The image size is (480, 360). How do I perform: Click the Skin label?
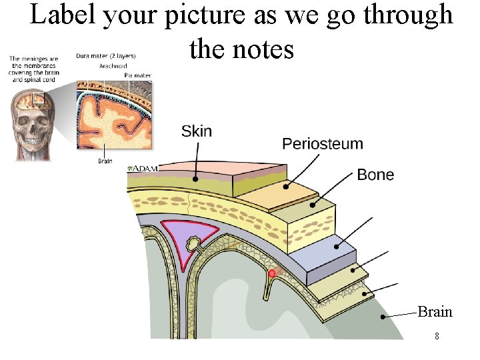tap(197, 131)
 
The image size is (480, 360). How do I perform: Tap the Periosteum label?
tap(323, 144)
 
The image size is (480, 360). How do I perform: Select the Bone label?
tap(375, 175)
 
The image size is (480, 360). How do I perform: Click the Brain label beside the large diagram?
tap(435, 311)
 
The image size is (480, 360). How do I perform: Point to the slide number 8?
tap(437, 336)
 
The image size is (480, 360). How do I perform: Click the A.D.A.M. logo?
tap(143, 169)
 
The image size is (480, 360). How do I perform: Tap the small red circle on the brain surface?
tap(272, 273)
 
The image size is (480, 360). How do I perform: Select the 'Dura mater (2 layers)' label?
tap(106, 56)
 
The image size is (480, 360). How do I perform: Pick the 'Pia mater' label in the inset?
tap(138, 75)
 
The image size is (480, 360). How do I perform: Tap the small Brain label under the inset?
tap(105, 161)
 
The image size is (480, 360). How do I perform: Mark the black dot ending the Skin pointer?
tap(195, 179)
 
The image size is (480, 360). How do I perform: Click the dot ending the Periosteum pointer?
tap(286, 187)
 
